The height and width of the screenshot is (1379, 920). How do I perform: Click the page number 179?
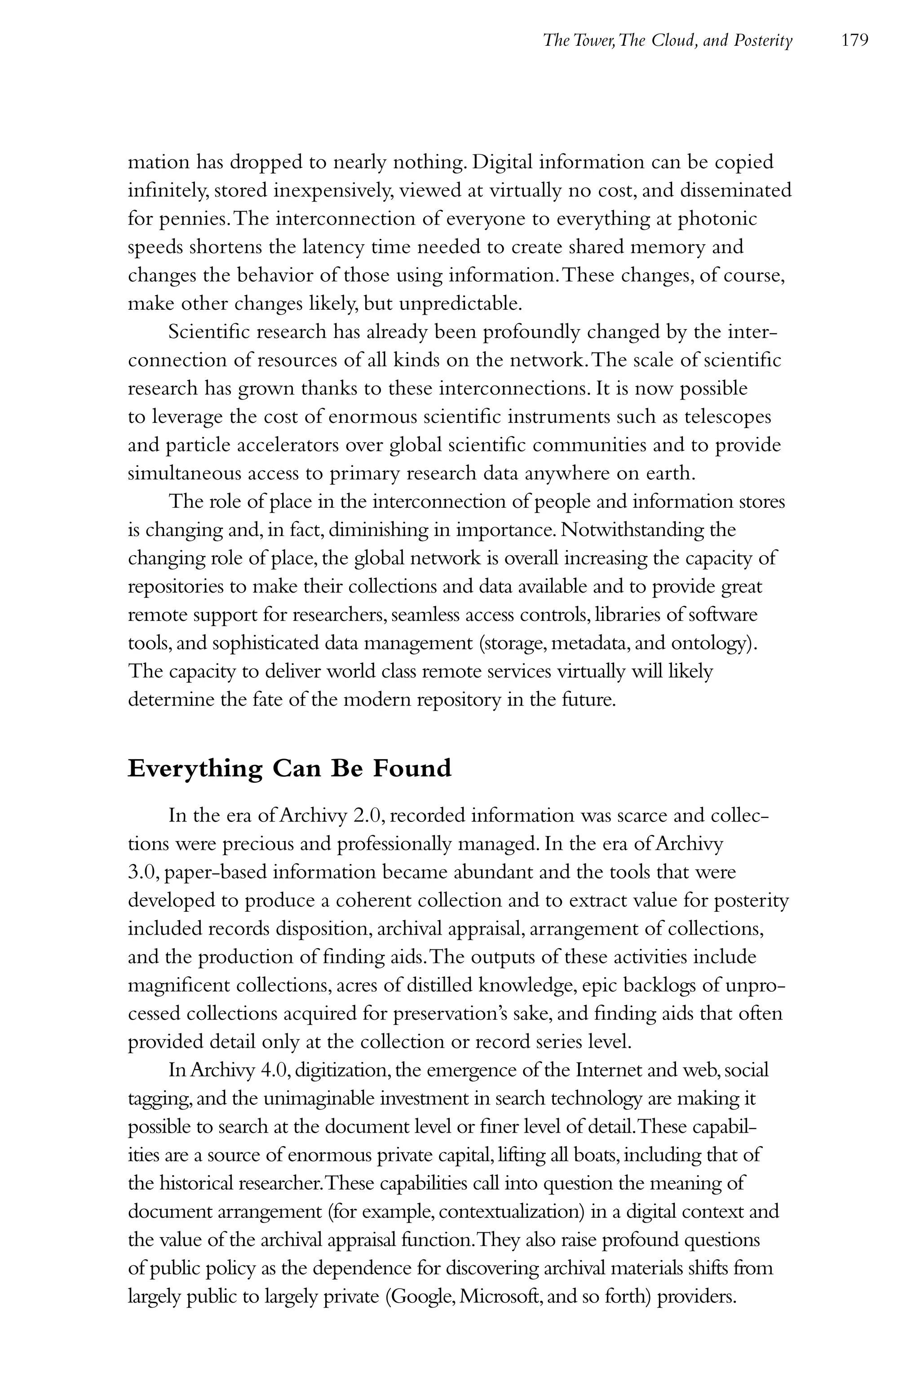click(854, 40)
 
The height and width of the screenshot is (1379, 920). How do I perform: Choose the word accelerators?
click(288, 445)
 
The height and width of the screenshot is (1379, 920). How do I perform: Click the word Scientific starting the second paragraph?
click(209, 332)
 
